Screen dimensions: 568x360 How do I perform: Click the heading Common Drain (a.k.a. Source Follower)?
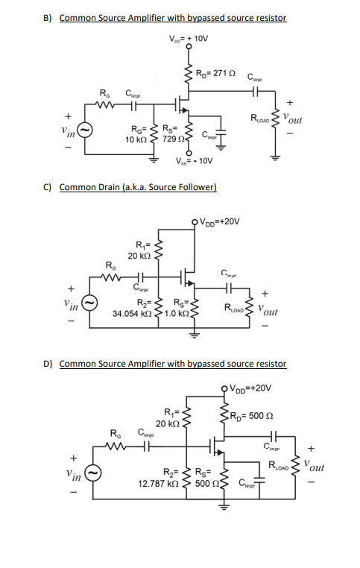[x=137, y=186]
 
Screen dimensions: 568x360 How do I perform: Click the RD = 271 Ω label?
[x=215, y=72]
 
